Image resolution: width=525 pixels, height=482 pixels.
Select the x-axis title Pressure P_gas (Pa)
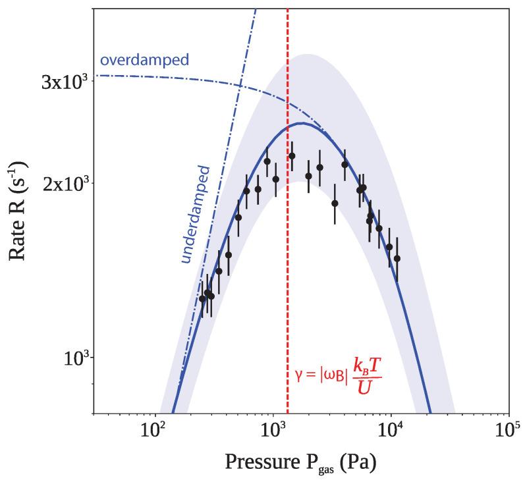[x=300, y=462]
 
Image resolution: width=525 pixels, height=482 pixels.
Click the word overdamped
[x=144, y=61]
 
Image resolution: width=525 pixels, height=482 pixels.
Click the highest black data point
[x=292, y=156]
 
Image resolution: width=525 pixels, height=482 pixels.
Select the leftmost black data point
[x=202, y=299]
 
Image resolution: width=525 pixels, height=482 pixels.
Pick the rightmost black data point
[x=397, y=259]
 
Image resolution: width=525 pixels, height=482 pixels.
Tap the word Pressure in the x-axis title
[x=258, y=462]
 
